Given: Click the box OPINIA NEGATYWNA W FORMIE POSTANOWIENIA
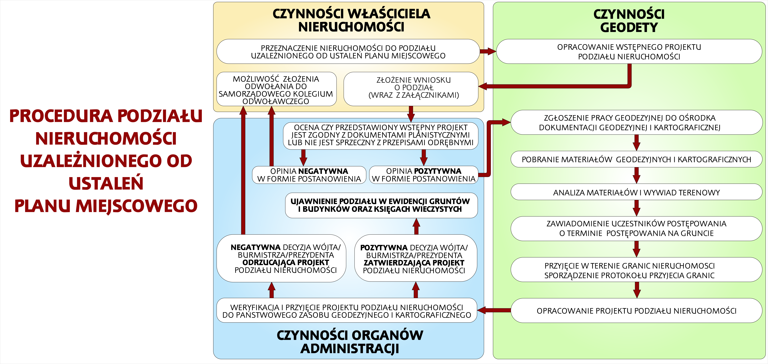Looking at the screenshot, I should [309, 175].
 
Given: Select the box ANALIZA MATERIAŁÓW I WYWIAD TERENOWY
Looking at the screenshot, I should [636, 192].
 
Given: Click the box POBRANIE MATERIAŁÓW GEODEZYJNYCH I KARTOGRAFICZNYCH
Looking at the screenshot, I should [636, 159].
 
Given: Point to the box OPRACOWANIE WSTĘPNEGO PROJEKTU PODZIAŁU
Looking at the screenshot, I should [629, 52].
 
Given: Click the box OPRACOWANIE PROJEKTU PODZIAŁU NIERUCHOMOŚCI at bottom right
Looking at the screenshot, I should [636, 311].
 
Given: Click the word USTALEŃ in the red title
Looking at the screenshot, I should [106, 183].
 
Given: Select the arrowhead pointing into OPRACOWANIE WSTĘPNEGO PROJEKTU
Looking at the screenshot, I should [491, 51].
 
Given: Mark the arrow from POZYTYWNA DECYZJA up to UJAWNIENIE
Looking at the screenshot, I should [416, 226].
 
